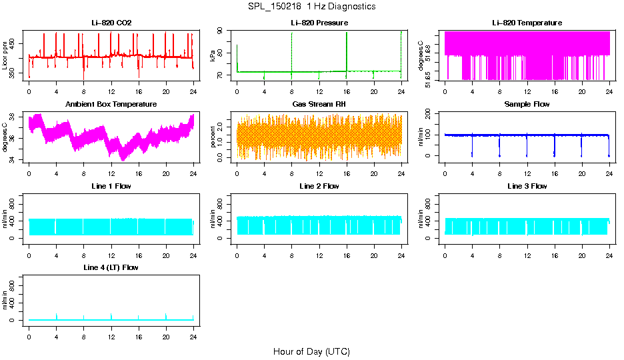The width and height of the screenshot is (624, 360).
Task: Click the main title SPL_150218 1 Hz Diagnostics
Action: (x=311, y=7)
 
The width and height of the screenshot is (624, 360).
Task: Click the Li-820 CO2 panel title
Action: (x=111, y=23)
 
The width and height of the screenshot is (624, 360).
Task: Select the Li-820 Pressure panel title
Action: (x=319, y=23)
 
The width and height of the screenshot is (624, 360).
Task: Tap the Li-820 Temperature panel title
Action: (x=527, y=23)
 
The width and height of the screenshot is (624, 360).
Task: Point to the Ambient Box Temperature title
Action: (x=111, y=105)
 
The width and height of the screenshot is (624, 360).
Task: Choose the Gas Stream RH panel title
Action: (x=319, y=105)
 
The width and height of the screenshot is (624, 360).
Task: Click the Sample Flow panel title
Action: (x=527, y=105)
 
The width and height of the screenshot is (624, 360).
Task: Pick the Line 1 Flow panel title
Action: (x=111, y=186)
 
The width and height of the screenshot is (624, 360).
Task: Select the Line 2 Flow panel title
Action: (x=319, y=186)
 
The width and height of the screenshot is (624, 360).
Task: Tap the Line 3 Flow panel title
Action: (x=527, y=186)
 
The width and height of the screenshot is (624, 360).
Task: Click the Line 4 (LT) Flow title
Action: (x=111, y=267)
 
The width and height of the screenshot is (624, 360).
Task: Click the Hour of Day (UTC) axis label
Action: (x=311, y=351)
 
